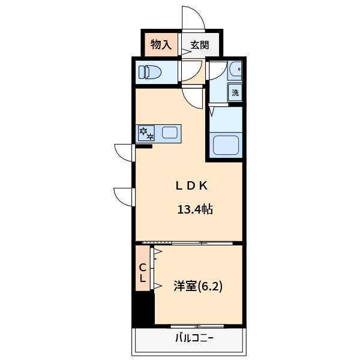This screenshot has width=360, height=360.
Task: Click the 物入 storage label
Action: pos(161,44)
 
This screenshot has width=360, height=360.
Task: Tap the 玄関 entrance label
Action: pos(200,44)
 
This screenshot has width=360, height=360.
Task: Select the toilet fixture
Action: pos(151,73)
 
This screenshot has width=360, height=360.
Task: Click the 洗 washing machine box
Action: pos(235,92)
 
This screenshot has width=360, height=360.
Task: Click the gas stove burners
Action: pos(146,133)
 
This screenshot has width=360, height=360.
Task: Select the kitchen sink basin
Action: pos(170,133)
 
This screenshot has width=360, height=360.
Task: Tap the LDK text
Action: pos(192,185)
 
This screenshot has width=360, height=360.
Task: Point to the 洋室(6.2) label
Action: pos(198,286)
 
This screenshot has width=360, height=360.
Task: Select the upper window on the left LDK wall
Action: pos(125,153)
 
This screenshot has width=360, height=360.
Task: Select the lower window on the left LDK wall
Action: pos(124,197)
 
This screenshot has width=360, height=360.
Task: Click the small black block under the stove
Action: pos(144,146)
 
